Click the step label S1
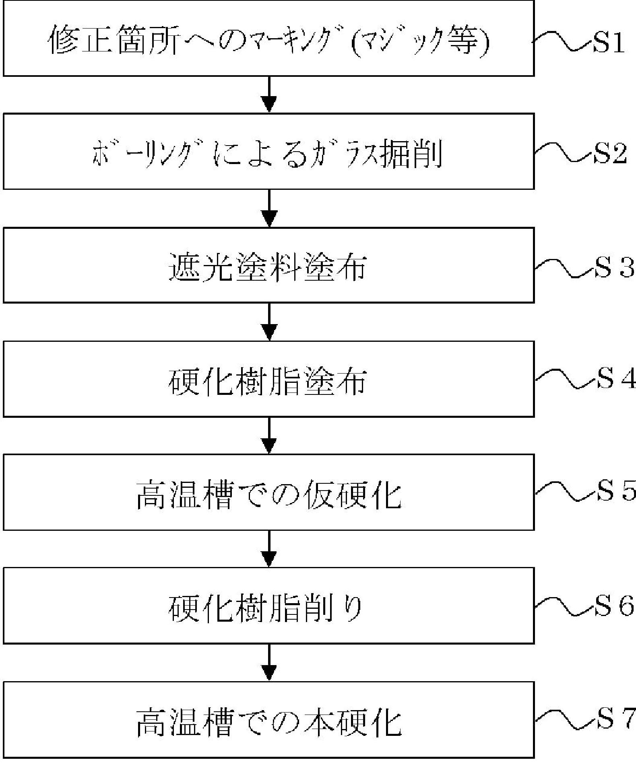[609, 43]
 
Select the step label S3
[614, 268]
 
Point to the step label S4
[615, 379]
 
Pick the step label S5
[615, 491]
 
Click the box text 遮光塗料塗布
[268, 267]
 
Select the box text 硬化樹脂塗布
[268, 380]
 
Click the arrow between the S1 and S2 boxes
[269, 94]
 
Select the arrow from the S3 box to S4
[269, 322]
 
